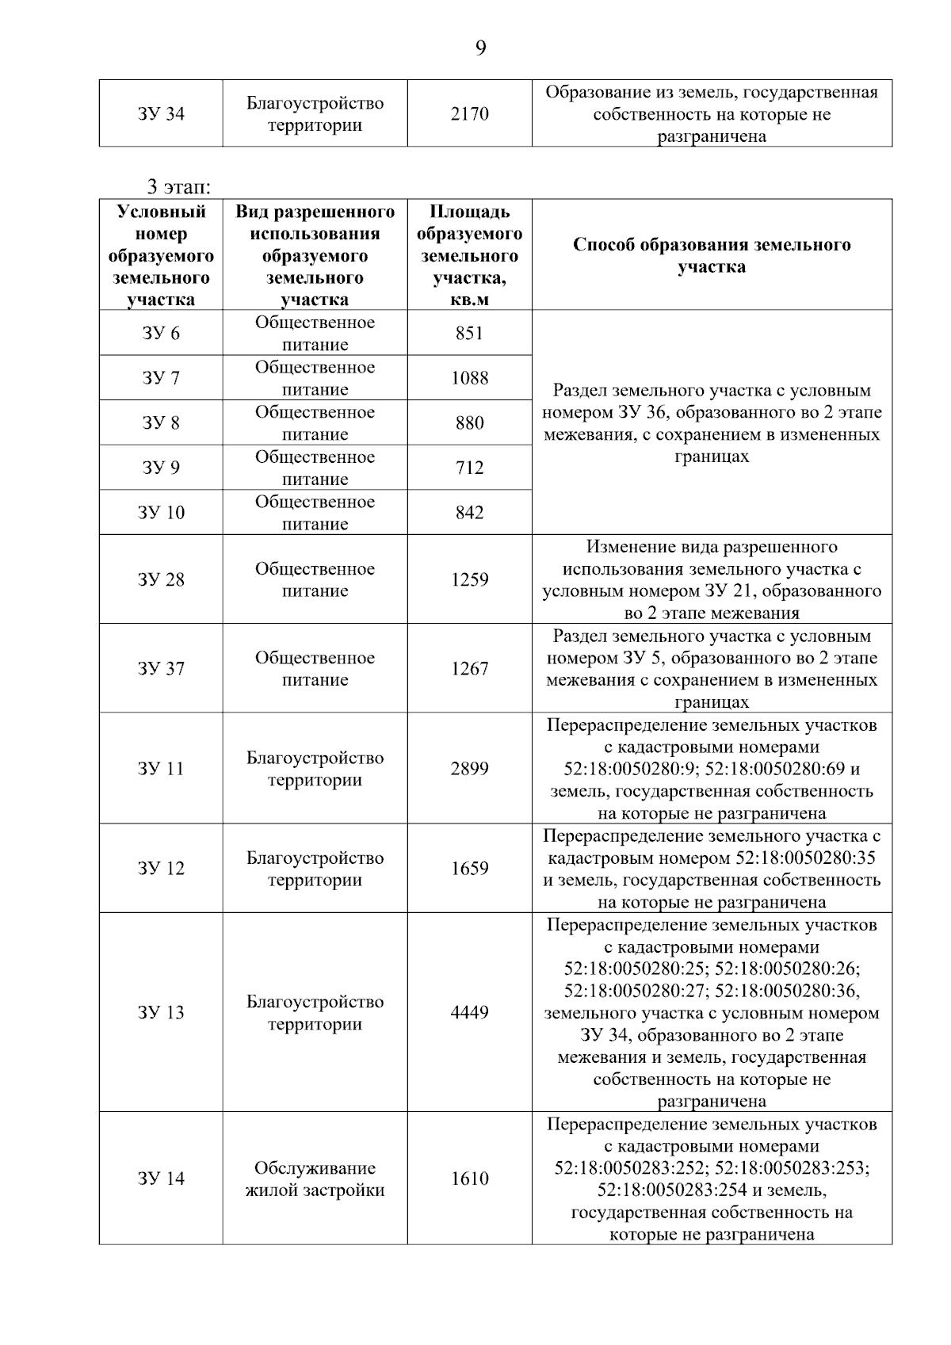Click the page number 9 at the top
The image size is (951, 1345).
[x=480, y=49]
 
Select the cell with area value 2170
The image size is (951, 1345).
[x=469, y=114]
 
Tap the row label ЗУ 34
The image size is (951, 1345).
[x=161, y=114]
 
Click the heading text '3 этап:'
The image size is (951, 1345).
[x=178, y=188]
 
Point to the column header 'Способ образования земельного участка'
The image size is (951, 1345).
[x=711, y=255]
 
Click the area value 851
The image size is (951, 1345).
[x=469, y=333]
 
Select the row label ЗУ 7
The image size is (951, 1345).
[x=161, y=378]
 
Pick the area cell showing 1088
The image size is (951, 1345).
[x=469, y=378]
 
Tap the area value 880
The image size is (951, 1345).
[x=469, y=423]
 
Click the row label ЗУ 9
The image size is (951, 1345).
[x=161, y=468]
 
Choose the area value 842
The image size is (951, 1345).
[x=469, y=513]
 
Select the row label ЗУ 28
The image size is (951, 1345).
[x=161, y=579]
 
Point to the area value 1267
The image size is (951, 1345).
[x=469, y=669]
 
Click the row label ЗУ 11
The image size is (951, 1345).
[x=161, y=768]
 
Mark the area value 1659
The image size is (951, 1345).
[x=469, y=869]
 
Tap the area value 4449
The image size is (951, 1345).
[x=469, y=1012]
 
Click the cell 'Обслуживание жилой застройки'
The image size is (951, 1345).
[x=315, y=1179]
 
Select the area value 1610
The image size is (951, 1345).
[x=469, y=1179]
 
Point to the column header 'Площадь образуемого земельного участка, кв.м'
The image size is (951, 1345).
[x=469, y=255]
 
